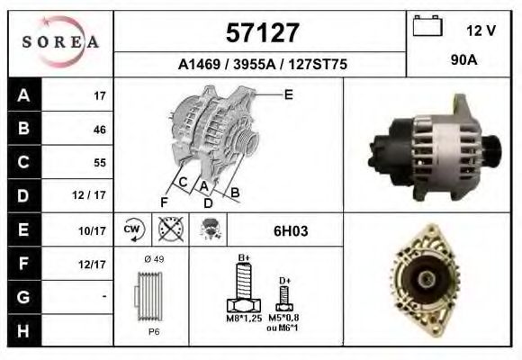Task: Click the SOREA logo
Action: point(60,42)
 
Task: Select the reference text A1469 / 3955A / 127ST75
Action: point(263,66)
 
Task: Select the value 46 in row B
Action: point(99,130)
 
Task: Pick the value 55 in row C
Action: point(99,163)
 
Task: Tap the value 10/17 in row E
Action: point(94,230)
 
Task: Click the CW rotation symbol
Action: point(133,229)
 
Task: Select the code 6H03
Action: point(291,230)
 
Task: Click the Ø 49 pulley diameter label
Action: point(154,260)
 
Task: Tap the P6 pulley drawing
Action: point(152,298)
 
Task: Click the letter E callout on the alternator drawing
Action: point(288,94)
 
